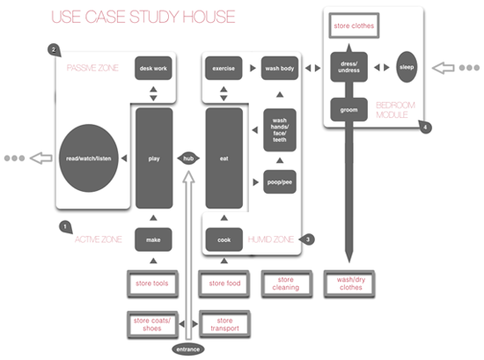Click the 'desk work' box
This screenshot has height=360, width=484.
(153, 69)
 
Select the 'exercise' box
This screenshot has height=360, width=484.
(224, 69)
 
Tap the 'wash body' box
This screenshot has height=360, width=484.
(280, 69)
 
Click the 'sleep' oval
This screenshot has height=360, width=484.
(407, 67)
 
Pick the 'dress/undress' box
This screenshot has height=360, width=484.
(348, 67)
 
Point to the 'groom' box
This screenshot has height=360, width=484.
(348, 110)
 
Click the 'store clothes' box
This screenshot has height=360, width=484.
(354, 26)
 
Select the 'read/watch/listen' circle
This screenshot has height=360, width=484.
(89, 158)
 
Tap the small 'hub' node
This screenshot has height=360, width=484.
(188, 158)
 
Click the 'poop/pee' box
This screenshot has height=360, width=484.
(280, 182)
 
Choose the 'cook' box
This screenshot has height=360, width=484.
(224, 239)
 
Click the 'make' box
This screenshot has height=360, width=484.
(153, 239)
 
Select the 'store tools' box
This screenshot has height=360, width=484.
(152, 283)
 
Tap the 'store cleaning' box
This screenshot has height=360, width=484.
(286, 283)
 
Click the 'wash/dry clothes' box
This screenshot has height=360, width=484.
(349, 283)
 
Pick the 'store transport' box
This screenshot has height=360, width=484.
(224, 324)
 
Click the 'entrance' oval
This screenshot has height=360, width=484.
(188, 349)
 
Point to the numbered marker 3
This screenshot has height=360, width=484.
(307, 239)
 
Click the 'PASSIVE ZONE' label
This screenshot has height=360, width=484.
(92, 68)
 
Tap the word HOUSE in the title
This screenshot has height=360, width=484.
(209, 17)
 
